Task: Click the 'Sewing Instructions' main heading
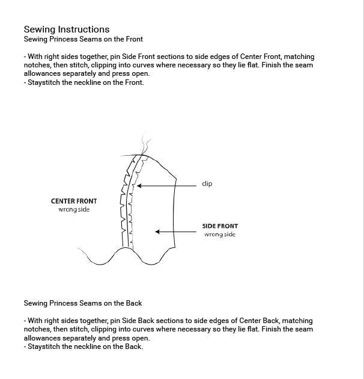66,29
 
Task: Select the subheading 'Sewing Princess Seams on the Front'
83,39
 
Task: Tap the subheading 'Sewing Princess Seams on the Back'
83,303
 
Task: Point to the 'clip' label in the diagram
207,184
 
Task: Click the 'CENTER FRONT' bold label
74,202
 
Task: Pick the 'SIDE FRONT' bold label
220,226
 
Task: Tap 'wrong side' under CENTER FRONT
74,210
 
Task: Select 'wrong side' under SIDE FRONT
220,235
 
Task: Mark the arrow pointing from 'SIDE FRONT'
177,232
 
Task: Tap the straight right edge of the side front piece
175,211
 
